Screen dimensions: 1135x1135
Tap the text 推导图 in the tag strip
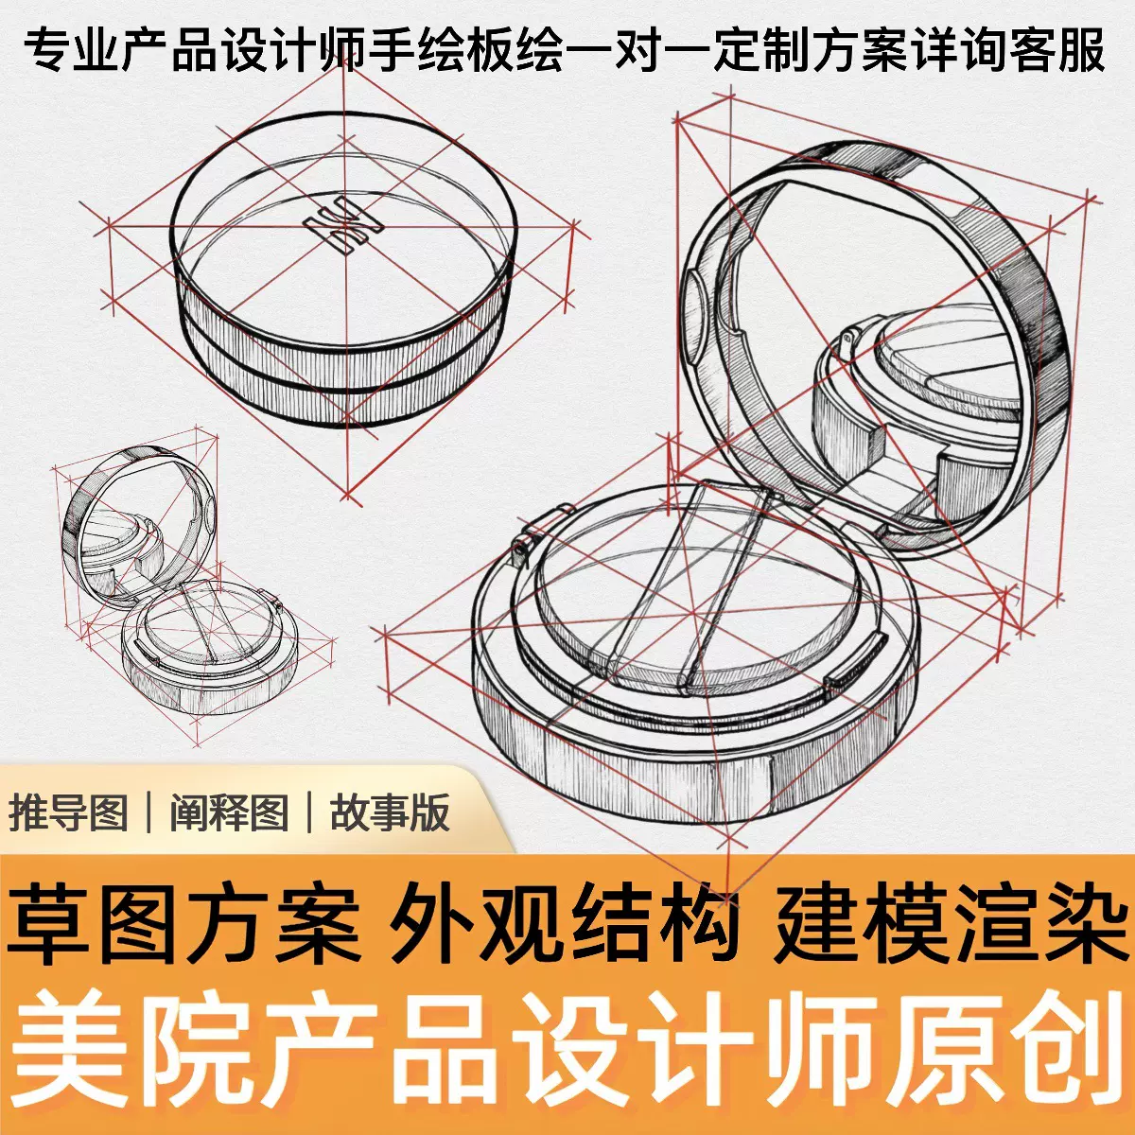[69, 812]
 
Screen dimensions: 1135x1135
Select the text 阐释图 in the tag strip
[229, 812]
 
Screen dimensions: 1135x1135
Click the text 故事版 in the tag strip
[390, 812]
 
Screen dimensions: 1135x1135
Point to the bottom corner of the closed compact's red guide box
[348, 496]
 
